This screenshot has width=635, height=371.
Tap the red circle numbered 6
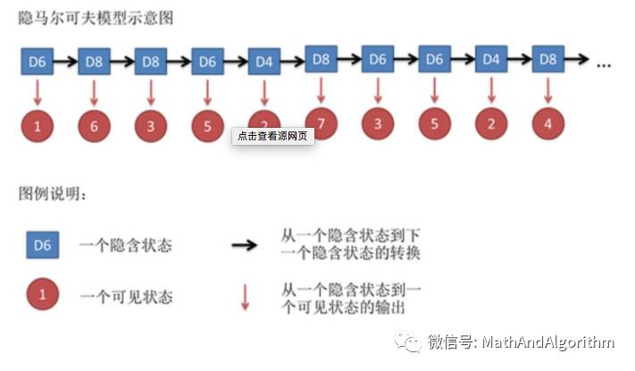94,126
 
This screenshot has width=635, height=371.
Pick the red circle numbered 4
547,123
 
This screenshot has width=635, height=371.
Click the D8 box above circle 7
322,60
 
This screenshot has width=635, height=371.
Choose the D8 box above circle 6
94,62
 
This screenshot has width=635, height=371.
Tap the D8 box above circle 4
547,60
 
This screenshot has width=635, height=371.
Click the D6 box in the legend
42,243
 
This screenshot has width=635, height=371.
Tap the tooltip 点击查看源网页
273,136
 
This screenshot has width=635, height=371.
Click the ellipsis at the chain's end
603,63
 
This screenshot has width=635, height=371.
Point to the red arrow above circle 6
94,92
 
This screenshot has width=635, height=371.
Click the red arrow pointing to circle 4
547,90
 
